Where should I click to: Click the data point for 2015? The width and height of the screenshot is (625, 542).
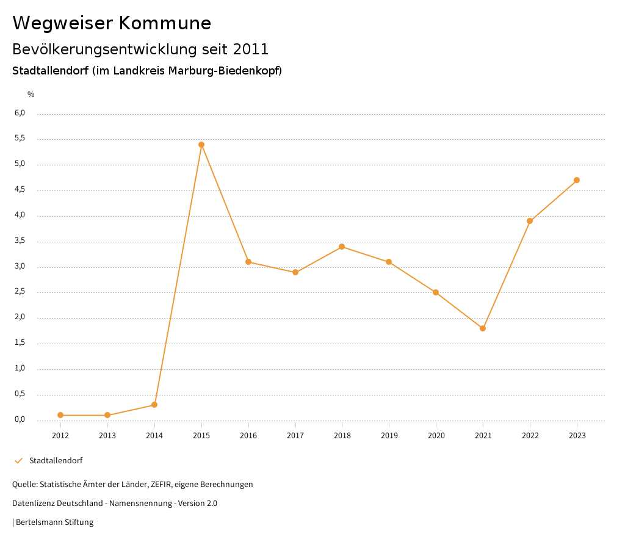click(x=201, y=145)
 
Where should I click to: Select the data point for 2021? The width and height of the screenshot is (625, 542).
click(x=483, y=328)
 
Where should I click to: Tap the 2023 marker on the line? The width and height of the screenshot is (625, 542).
click(x=577, y=180)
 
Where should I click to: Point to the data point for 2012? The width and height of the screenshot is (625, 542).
click(x=60, y=415)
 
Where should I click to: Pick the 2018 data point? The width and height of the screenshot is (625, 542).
click(x=342, y=247)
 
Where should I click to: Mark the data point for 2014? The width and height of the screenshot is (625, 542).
click(x=154, y=405)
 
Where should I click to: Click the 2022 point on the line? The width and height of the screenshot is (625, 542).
click(x=530, y=221)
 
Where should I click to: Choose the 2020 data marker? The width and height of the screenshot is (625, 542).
click(x=436, y=292)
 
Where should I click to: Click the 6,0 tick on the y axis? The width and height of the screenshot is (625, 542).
click(x=20, y=114)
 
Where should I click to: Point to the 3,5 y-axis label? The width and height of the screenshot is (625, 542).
click(x=20, y=241)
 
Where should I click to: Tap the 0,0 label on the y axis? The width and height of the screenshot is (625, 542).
click(x=20, y=420)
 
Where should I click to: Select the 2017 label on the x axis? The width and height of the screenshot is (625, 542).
click(x=295, y=436)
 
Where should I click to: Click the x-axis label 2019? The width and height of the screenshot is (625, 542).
click(x=389, y=436)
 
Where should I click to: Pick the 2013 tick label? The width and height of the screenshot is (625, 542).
click(x=107, y=436)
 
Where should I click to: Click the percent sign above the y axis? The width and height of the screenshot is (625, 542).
click(x=31, y=95)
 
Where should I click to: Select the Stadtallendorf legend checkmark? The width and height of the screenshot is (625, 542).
click(x=18, y=461)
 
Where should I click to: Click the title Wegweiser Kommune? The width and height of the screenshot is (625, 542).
click(x=112, y=23)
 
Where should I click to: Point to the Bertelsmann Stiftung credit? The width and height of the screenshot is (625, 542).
click(x=54, y=522)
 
